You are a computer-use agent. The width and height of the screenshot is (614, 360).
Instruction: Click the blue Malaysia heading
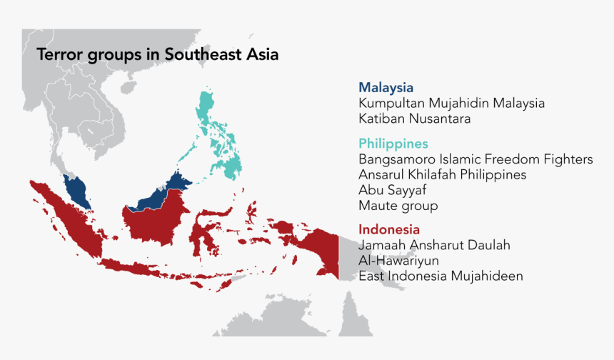386,88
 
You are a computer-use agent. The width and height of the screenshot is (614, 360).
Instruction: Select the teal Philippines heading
393,144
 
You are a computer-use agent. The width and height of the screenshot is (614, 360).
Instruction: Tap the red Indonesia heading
389,230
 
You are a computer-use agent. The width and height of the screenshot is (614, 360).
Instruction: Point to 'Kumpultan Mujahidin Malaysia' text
451,104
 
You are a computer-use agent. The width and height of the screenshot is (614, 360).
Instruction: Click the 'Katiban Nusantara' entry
415,119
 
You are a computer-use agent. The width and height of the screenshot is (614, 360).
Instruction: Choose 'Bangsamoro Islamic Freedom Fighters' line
475,159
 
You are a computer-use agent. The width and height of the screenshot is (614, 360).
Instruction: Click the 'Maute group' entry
398,206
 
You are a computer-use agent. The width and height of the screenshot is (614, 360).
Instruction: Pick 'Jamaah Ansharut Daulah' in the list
434,246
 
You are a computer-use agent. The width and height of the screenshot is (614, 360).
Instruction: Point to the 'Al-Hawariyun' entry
398,261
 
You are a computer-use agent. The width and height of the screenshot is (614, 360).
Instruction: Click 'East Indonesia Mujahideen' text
441,276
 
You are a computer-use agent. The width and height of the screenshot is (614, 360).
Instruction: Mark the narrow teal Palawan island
187,156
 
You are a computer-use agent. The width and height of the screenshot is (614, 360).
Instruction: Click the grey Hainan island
129,87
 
